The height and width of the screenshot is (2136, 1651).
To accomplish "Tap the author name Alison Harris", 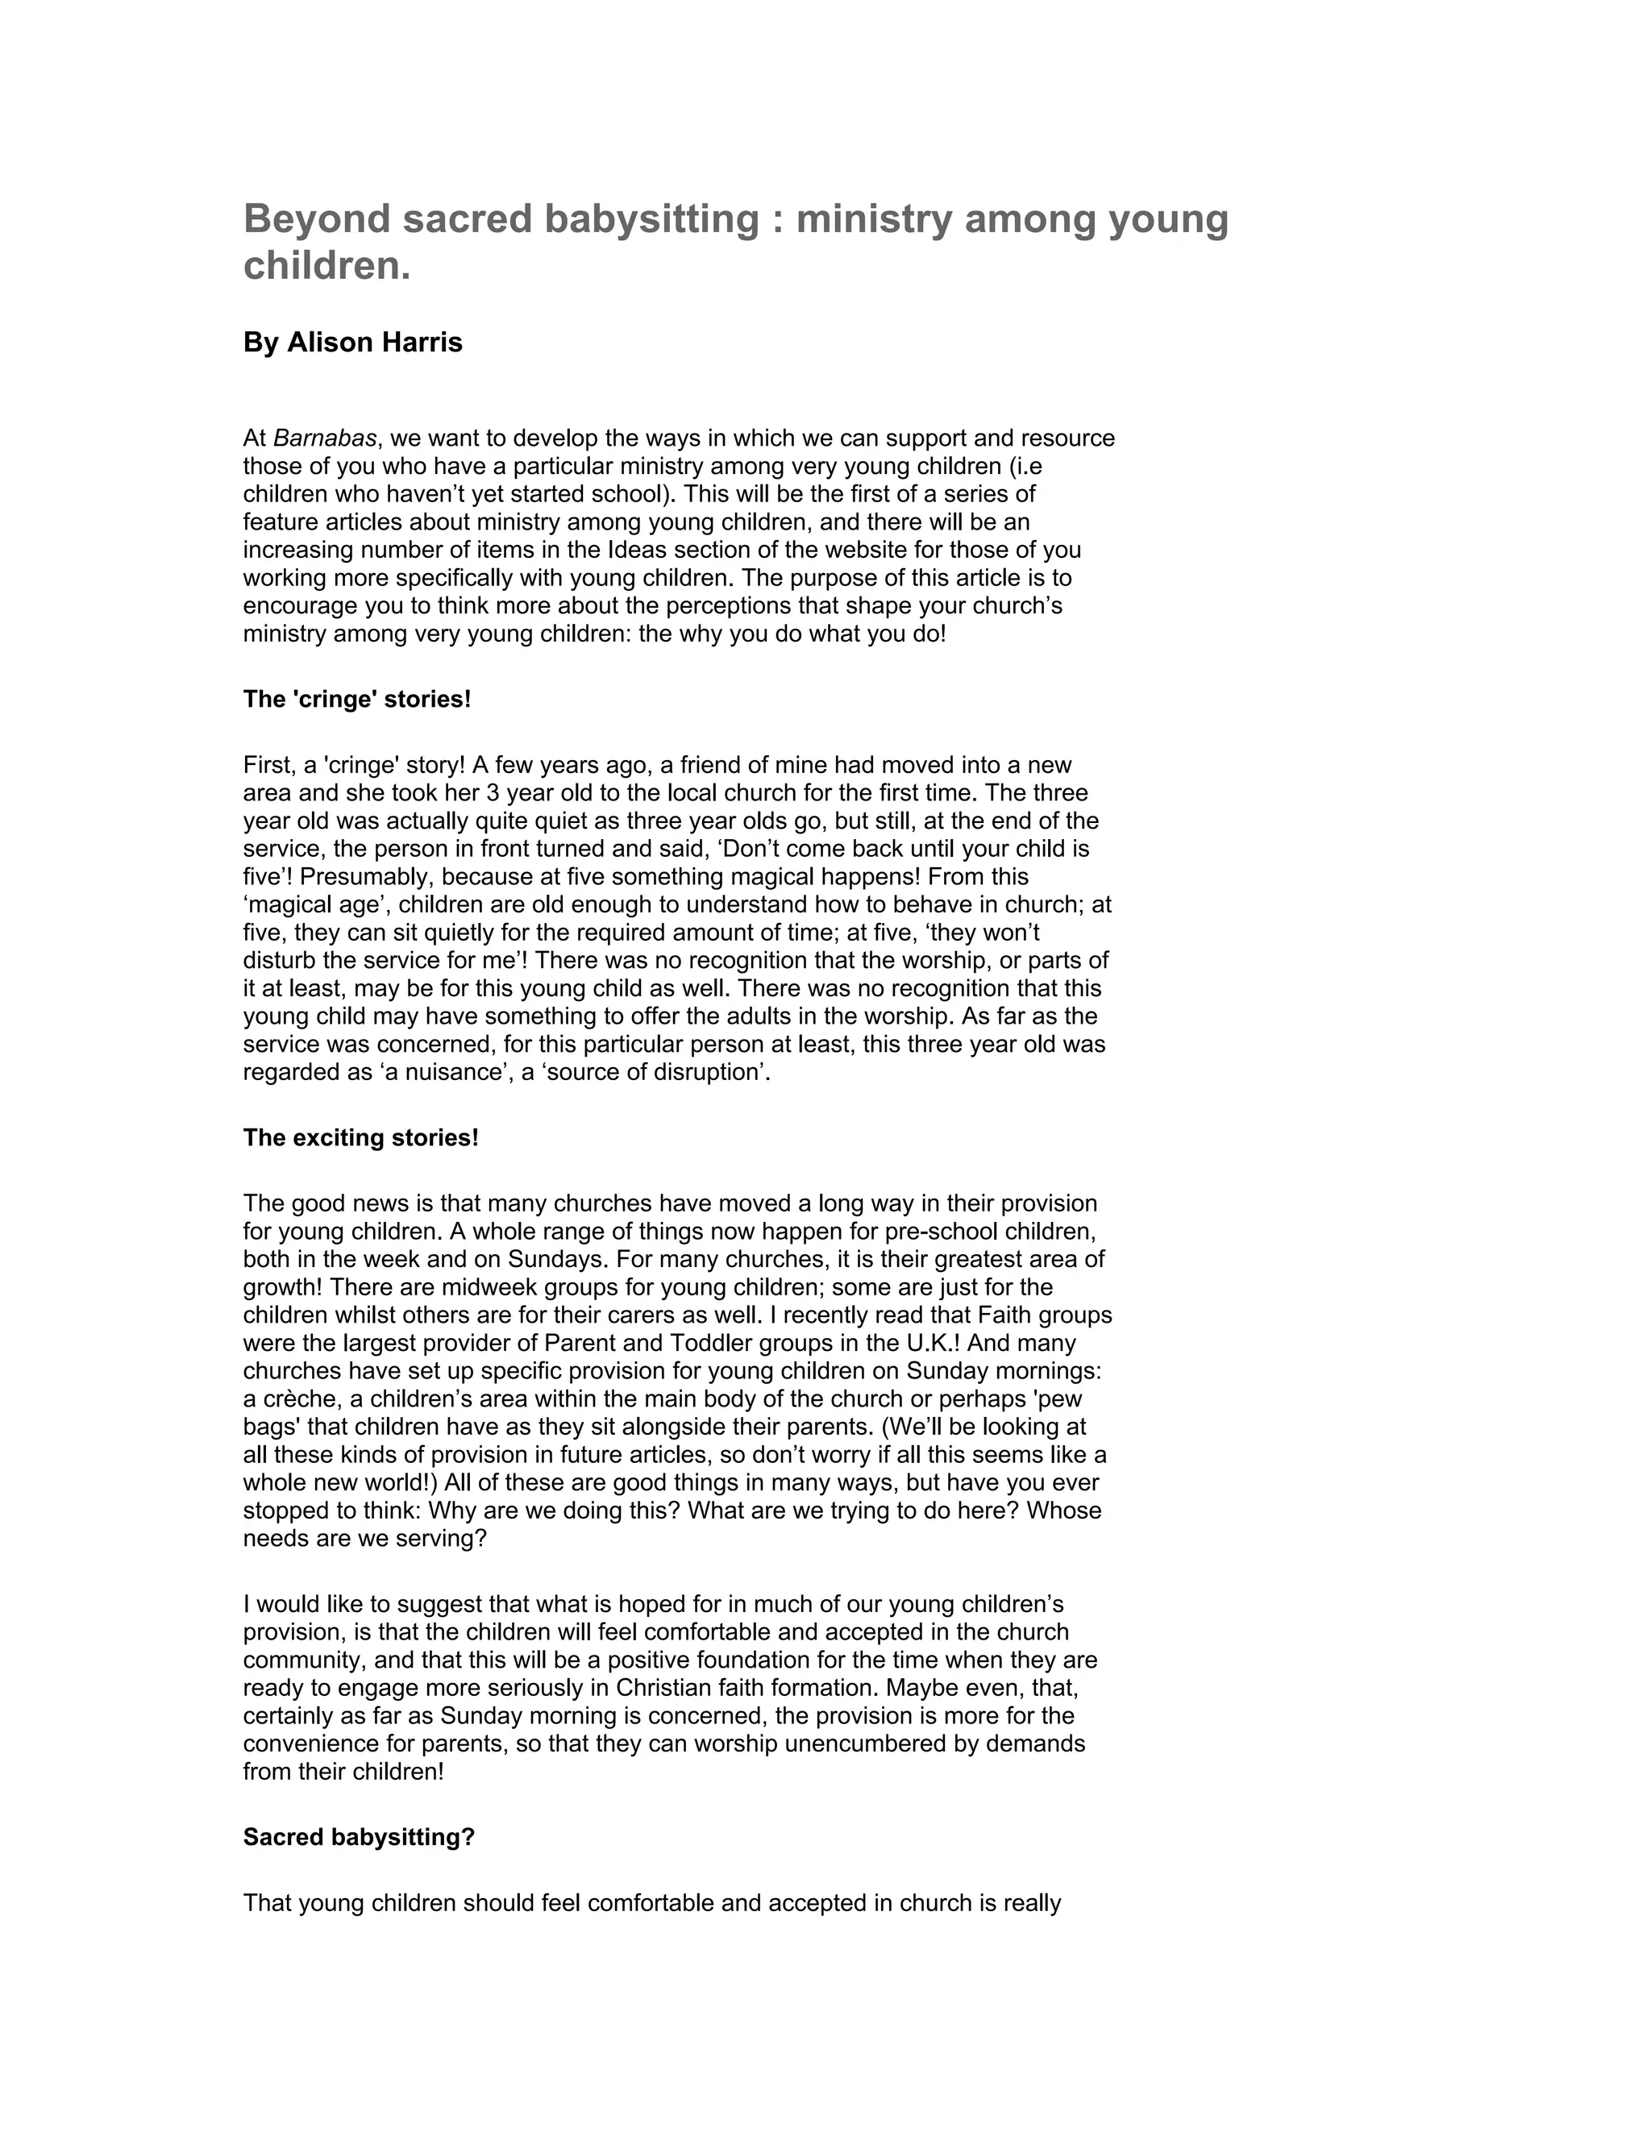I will [x=373, y=343].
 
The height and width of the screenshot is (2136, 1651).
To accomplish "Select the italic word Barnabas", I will [x=325, y=438].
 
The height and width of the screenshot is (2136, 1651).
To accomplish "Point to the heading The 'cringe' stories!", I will [x=357, y=700].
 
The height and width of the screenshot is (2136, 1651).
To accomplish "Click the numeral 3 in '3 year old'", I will [x=493, y=793].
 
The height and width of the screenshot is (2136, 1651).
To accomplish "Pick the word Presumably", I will [x=362, y=877].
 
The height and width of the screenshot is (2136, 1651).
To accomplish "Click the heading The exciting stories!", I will [x=361, y=1138].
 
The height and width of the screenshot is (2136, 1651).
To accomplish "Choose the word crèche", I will [x=299, y=1399].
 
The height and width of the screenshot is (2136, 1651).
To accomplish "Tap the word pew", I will [x=1060, y=1399].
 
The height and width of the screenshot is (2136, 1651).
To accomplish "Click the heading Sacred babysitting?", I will [x=359, y=1838].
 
